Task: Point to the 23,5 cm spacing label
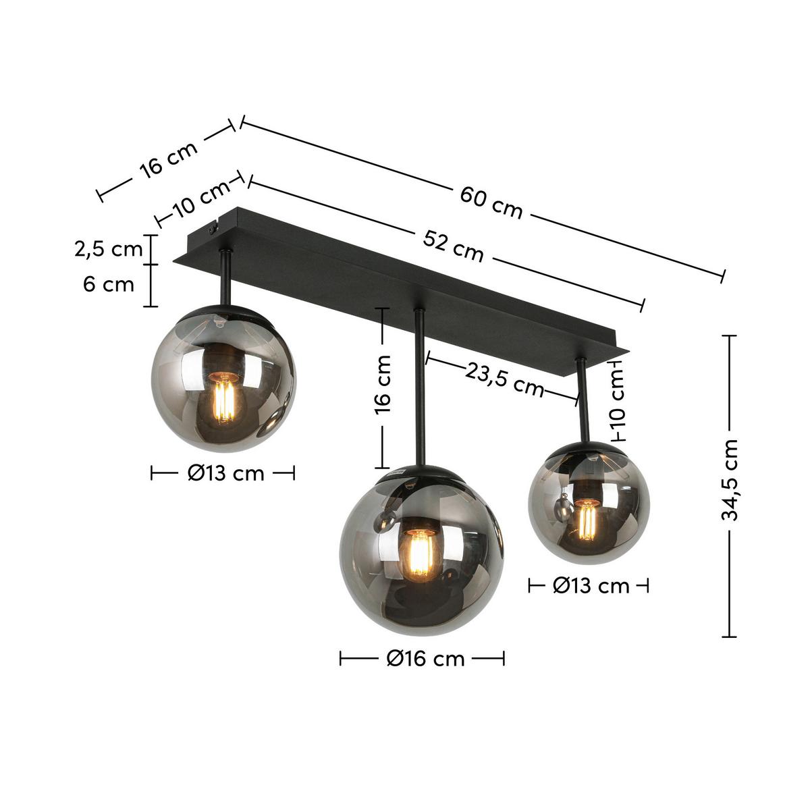click(504, 379)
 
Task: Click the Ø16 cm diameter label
click(426, 658)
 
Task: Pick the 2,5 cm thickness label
click(109, 249)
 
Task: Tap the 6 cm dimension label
click(109, 284)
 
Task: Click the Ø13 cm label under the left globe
click(225, 473)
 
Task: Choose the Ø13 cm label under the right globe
click(591, 585)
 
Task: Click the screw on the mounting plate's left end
click(214, 230)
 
